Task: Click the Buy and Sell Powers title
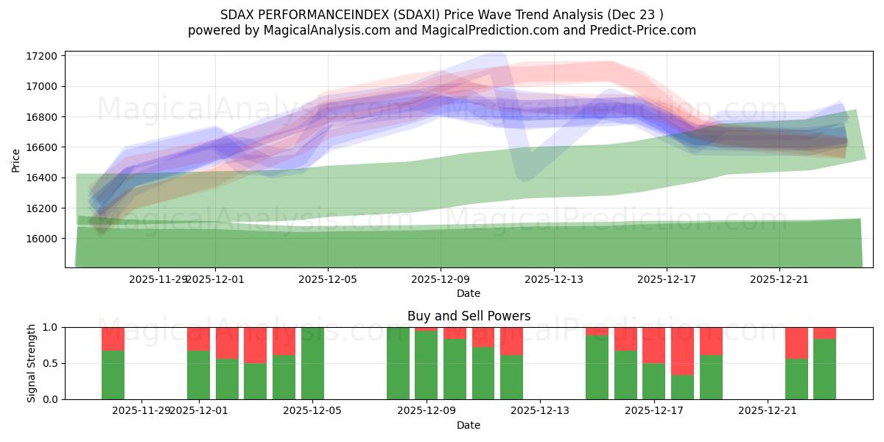pos(469,316)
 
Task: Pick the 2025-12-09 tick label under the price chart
pos(441,279)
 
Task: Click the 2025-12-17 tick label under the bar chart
pos(653,410)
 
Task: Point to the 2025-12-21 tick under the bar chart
pos(767,410)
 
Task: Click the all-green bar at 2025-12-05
pos(312,363)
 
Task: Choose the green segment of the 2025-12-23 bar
pos(824,369)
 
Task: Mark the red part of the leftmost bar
pos(113,339)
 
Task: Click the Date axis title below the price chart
pos(469,293)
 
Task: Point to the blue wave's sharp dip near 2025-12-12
pos(524,175)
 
